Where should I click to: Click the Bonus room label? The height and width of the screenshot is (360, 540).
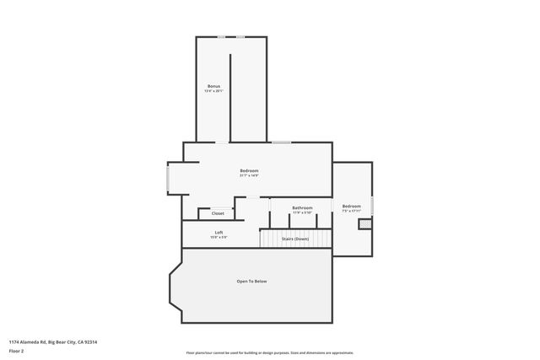click(x=214, y=86)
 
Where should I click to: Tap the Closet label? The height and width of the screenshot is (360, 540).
click(x=218, y=213)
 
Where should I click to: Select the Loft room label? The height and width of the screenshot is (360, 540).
click(x=219, y=232)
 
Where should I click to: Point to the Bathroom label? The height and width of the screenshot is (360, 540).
click(x=302, y=207)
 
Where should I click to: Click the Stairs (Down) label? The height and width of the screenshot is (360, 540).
click(x=294, y=239)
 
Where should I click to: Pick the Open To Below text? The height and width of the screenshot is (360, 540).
click(x=251, y=281)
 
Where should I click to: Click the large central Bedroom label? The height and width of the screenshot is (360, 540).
click(x=248, y=171)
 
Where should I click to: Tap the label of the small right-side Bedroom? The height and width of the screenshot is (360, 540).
click(x=351, y=206)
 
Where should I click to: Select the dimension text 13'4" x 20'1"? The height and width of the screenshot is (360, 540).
click(x=214, y=91)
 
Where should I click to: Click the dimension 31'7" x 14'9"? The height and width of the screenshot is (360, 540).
click(x=248, y=176)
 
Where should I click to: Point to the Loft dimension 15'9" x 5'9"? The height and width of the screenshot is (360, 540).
click(x=219, y=237)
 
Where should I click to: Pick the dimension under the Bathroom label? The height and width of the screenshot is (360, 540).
click(x=302, y=212)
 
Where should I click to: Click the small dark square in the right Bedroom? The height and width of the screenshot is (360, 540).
click(x=364, y=223)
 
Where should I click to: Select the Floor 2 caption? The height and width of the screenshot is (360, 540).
click(x=18, y=351)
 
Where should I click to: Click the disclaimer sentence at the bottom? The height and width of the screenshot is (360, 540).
click(x=269, y=352)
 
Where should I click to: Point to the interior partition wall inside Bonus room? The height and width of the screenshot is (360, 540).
click(x=230, y=97)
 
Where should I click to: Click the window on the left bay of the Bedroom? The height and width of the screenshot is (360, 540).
click(x=168, y=179)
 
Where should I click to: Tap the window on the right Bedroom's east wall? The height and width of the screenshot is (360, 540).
click(x=372, y=205)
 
